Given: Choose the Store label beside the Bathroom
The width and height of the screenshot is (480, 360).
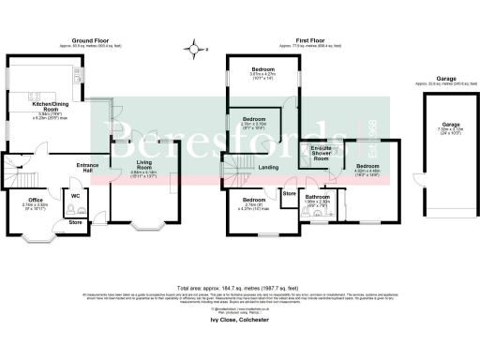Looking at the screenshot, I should [x=289, y=194].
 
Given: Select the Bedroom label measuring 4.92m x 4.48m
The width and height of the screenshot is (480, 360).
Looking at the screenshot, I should [x=367, y=166].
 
